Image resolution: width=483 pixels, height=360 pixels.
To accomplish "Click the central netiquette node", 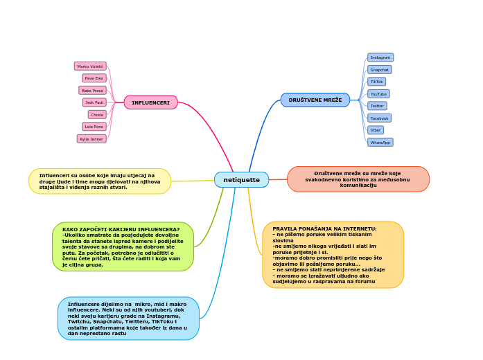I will pyautogui.click(x=241, y=180).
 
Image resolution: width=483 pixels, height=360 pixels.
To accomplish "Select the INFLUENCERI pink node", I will pyautogui.click(x=150, y=102).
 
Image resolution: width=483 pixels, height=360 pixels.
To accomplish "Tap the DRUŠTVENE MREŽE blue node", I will pyautogui.click(x=315, y=100).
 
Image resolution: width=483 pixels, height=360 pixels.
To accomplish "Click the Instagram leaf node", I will pyautogui.click(x=380, y=57).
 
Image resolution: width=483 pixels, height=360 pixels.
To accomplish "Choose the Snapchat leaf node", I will pyautogui.click(x=380, y=70).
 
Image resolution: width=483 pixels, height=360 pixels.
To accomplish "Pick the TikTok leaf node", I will pyautogui.click(x=377, y=82).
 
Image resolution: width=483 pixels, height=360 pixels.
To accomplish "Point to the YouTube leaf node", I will pyautogui.click(x=378, y=94).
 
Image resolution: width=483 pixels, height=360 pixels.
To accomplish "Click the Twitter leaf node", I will pyautogui.click(x=377, y=106).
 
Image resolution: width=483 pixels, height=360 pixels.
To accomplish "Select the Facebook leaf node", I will pyautogui.click(x=379, y=118).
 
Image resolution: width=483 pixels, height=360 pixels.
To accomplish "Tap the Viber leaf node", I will pyautogui.click(x=376, y=130).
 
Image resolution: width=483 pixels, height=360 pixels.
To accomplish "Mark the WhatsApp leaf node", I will pyautogui.click(x=380, y=143).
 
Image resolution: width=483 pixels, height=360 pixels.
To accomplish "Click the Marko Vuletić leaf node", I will pyautogui.click(x=90, y=66).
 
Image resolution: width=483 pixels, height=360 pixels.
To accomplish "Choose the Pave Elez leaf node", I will pyautogui.click(x=94, y=78).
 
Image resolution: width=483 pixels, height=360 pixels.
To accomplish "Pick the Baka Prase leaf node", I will pyautogui.click(x=92, y=91).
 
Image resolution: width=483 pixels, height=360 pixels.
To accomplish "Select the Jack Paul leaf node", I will pyautogui.click(x=94, y=102).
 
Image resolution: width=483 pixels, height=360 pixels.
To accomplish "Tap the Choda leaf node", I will pyautogui.click(x=97, y=115).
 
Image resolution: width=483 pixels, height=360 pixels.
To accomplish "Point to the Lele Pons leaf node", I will pyautogui.click(x=94, y=127).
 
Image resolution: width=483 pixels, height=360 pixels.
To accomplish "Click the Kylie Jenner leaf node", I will pyautogui.click(x=91, y=139).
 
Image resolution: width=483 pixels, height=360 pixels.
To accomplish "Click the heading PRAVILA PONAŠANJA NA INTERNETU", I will pyautogui.click(x=324, y=228).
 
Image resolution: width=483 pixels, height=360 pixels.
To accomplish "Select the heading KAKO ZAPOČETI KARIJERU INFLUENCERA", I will pyautogui.click(x=121, y=229).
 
